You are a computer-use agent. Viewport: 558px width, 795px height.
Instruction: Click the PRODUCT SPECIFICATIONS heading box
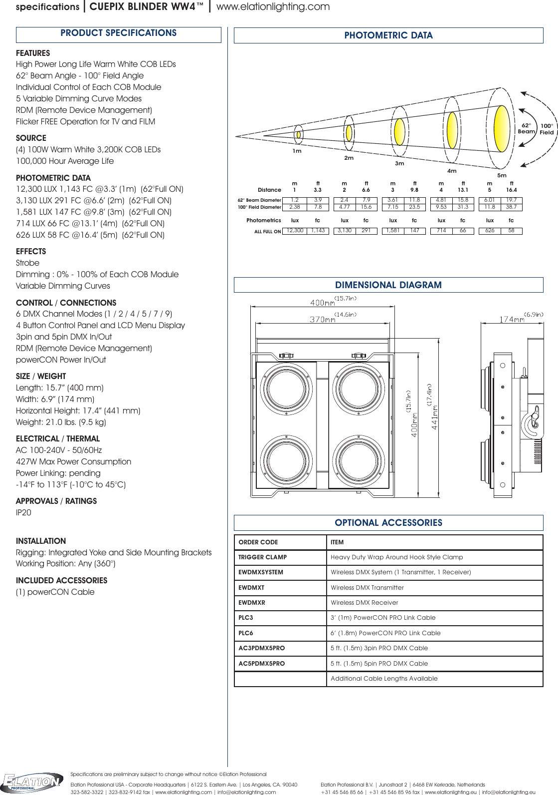119,33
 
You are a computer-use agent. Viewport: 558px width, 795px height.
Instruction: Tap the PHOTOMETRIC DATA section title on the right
388,35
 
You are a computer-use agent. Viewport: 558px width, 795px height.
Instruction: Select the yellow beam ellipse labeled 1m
298,134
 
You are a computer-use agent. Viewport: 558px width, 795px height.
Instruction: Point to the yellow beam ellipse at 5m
501,128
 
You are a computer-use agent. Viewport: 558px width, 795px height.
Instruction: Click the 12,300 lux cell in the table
295,231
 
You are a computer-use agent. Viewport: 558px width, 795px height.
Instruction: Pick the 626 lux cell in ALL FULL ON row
490,231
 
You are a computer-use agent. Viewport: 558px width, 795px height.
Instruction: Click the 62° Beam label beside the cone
526,129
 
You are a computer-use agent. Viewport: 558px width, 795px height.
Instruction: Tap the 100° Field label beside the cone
547,129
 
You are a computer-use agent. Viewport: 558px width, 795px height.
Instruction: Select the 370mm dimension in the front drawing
323,320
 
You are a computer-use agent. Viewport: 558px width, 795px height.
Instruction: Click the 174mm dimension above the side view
512,320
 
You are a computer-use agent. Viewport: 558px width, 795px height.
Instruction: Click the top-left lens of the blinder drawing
287,389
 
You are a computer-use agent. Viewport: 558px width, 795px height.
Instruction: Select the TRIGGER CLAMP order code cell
263,557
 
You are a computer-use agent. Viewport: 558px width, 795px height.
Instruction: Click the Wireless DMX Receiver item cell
365,603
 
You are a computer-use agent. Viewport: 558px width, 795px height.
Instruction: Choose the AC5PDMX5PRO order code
262,664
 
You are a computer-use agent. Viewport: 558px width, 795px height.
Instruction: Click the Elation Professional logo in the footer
32,783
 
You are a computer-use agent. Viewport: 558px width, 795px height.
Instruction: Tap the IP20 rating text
23,513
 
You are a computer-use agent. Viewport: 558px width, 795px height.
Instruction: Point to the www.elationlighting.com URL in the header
273,7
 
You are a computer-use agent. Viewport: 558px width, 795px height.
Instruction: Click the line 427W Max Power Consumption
74,462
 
